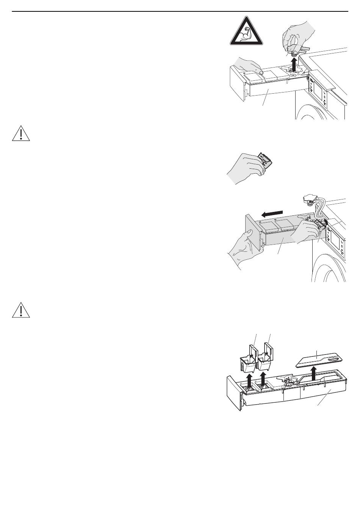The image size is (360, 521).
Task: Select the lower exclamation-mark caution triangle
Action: (x=21, y=310)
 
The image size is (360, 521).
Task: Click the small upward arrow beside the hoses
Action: (x=325, y=224)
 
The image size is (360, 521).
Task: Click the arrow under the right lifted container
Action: (x=263, y=379)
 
